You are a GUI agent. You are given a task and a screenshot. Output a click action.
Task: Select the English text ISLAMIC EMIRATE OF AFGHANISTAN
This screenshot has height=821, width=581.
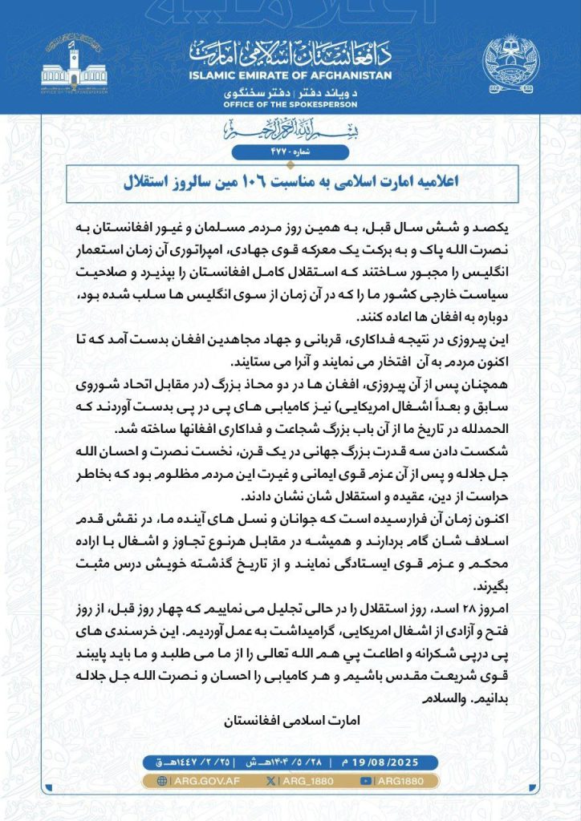pos(290,75)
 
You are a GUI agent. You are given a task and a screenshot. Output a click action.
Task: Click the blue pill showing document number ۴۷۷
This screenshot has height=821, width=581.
pos(290,152)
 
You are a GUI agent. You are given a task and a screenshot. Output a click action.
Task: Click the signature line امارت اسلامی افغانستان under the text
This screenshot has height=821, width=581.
pos(290,721)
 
